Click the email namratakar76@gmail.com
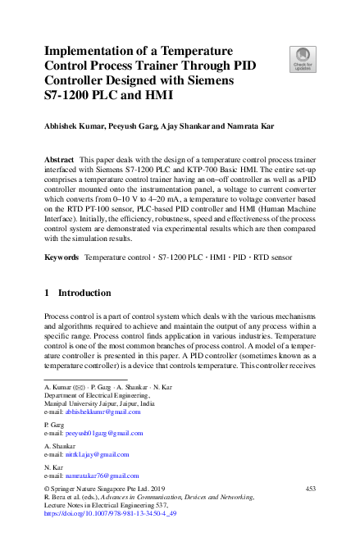tap(102, 475)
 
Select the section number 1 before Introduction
tap(47, 293)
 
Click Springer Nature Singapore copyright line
tap(96, 489)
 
